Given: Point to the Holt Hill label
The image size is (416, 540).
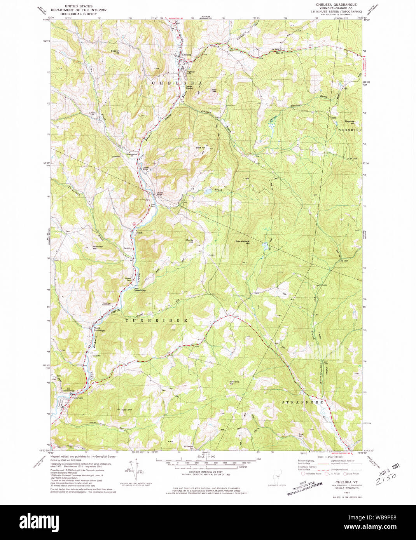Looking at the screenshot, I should point(200,148).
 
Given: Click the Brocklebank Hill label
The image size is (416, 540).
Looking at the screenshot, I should point(242,242).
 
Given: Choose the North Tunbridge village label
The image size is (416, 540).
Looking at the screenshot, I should point(99,329).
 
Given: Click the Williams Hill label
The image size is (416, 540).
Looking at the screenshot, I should point(234,383).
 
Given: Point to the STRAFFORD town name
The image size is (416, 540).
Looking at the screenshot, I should point(302,402).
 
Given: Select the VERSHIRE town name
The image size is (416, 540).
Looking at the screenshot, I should point(350,130).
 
